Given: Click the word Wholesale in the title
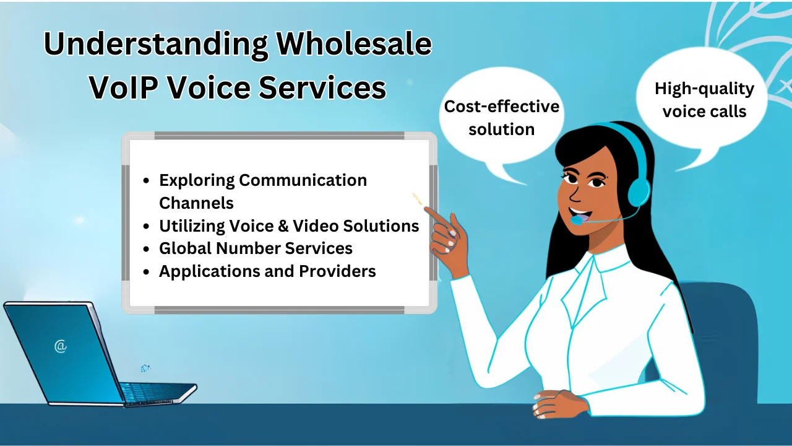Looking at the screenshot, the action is (x=353, y=44).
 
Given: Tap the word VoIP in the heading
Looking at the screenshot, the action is (x=123, y=87).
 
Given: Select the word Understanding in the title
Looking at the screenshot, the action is (x=155, y=45).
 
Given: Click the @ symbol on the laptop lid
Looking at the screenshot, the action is (x=61, y=346).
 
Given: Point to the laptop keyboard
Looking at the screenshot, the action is (x=155, y=392).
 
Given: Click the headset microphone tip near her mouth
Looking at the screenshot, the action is (x=576, y=221).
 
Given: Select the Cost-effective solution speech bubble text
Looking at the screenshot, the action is (x=501, y=118).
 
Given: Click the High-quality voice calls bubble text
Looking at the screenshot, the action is (x=704, y=100).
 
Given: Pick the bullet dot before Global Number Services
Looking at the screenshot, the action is (x=147, y=249).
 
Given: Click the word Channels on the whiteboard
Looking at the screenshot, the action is (x=196, y=203).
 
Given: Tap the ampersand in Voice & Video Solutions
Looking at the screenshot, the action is (x=283, y=226).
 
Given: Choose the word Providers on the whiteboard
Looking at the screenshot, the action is (x=337, y=271).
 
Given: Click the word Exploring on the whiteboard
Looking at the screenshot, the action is (x=197, y=180).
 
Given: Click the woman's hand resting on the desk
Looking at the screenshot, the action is (x=556, y=403).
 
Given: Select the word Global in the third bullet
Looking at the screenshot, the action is (x=185, y=248).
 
